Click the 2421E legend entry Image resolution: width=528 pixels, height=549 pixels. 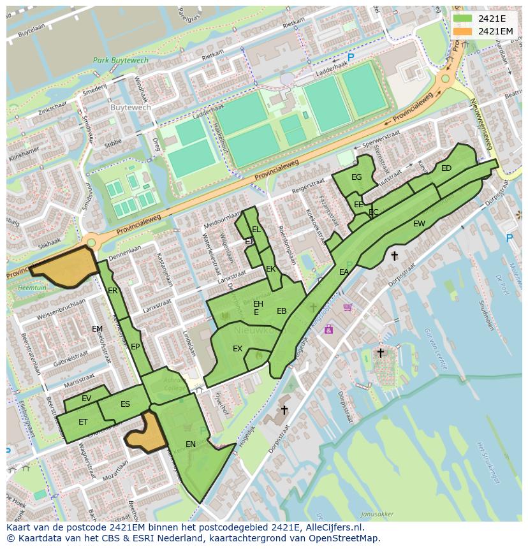tap(488, 18)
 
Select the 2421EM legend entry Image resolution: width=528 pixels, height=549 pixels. tap(488, 31)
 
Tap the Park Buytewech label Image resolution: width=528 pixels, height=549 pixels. tap(121, 61)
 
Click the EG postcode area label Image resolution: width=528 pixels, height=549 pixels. tap(356, 177)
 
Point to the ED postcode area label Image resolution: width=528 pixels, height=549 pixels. tap(446, 168)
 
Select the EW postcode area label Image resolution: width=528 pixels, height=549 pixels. tap(419, 224)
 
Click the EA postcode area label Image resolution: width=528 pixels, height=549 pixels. tap(344, 272)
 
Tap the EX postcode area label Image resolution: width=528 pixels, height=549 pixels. tap(237, 349)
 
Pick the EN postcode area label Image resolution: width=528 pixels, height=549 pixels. tap(191, 444)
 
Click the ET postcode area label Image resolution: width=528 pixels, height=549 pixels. tap(83, 422)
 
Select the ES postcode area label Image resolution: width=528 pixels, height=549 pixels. tap(125, 404)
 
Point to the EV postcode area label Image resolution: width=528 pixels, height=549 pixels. tap(87, 399)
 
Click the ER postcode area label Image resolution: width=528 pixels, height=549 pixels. tap(113, 291)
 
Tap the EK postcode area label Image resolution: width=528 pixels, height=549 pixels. tap(271, 269)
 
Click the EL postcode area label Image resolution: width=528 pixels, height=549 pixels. tap(256, 230)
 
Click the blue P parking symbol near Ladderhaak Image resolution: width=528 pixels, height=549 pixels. tap(351, 57)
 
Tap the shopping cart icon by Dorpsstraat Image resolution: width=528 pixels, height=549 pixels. tap(348, 307)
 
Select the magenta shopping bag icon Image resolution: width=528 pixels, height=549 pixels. tap(328, 329)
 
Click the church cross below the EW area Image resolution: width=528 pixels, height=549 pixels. tap(394, 256)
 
